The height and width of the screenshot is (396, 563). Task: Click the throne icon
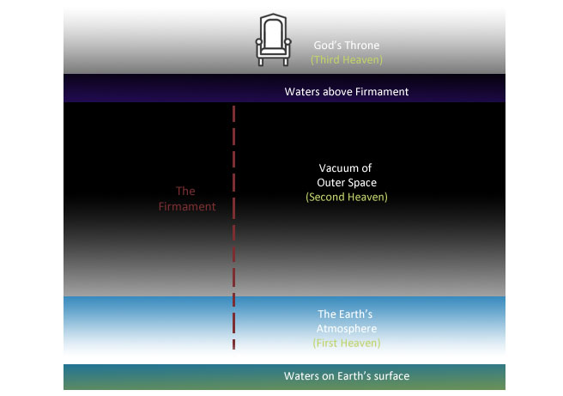(x=273, y=40)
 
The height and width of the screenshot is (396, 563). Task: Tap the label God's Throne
(x=347, y=46)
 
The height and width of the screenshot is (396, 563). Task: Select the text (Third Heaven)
(x=347, y=59)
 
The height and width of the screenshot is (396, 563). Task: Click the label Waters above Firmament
(x=347, y=92)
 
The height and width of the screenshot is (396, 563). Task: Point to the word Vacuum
(x=337, y=168)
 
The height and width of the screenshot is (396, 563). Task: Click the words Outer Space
(x=347, y=183)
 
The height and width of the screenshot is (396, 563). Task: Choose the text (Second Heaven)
(x=347, y=197)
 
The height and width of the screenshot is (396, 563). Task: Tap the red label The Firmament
(x=187, y=198)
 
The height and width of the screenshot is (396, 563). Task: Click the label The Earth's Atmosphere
(x=346, y=321)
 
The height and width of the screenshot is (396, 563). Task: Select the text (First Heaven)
(x=347, y=344)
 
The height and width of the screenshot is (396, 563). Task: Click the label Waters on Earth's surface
(x=347, y=376)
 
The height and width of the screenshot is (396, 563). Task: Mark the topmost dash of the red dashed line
(x=233, y=113)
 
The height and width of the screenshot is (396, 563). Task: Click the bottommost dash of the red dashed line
(x=233, y=344)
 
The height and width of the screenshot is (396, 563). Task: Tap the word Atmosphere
(x=347, y=328)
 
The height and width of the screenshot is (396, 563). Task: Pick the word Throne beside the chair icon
(x=361, y=46)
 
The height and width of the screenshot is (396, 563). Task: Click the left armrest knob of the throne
(x=259, y=42)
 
